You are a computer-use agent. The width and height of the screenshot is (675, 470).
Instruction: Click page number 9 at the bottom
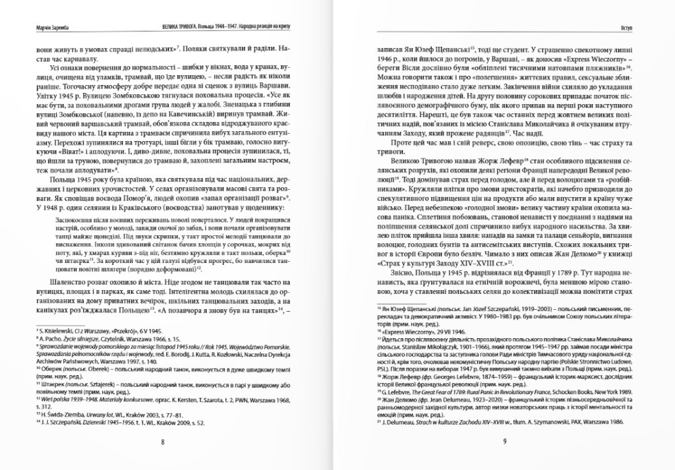(504, 443)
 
